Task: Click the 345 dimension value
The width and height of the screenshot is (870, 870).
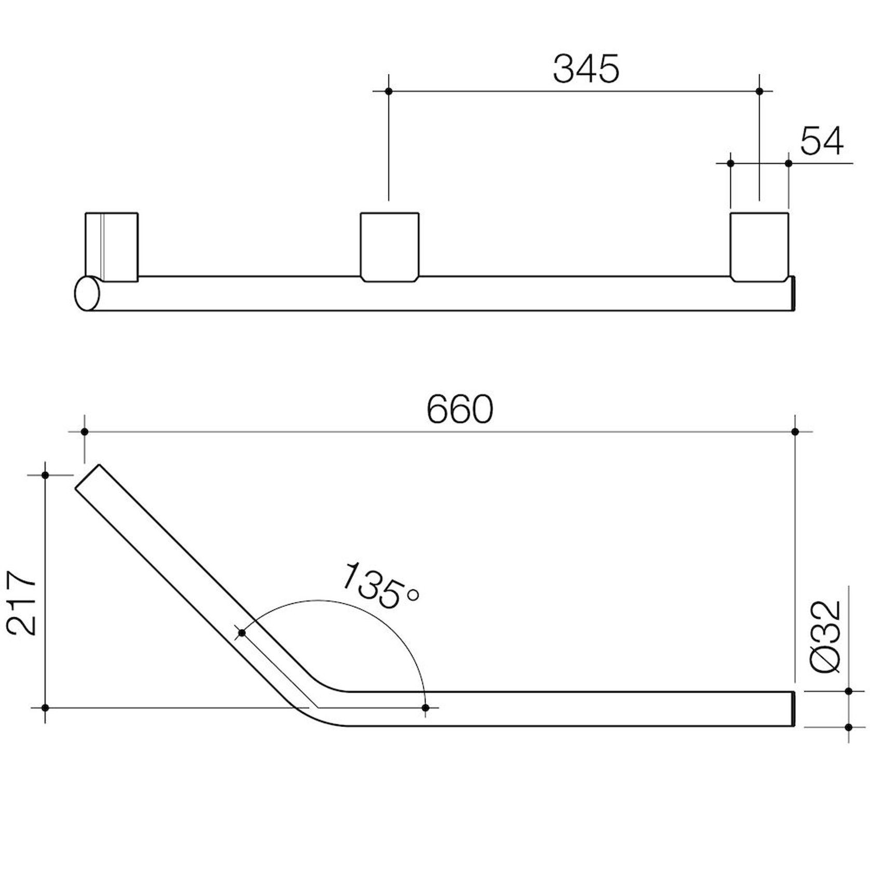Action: click(586, 69)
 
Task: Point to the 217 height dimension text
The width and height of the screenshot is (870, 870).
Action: click(22, 603)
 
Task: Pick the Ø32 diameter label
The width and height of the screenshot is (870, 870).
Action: click(826, 636)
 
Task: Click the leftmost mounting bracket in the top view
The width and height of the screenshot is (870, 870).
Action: click(112, 247)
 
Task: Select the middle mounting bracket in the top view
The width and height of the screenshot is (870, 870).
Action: click(389, 247)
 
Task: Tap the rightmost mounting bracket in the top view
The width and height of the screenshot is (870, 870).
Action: click(759, 247)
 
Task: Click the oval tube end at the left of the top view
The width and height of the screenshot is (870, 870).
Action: click(87, 293)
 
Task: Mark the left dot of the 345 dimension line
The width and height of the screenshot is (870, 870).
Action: click(389, 91)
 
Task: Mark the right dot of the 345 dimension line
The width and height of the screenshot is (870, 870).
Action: click(759, 91)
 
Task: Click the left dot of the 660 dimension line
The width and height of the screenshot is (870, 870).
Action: click(84, 432)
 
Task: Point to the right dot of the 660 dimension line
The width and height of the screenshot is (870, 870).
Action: click(795, 432)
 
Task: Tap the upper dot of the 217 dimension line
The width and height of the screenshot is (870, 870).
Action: click(45, 475)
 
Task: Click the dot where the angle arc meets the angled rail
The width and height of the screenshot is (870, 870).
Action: click(241, 633)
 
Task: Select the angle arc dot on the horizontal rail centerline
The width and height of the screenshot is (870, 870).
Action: click(426, 708)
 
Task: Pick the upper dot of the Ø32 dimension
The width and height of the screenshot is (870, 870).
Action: click(848, 691)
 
